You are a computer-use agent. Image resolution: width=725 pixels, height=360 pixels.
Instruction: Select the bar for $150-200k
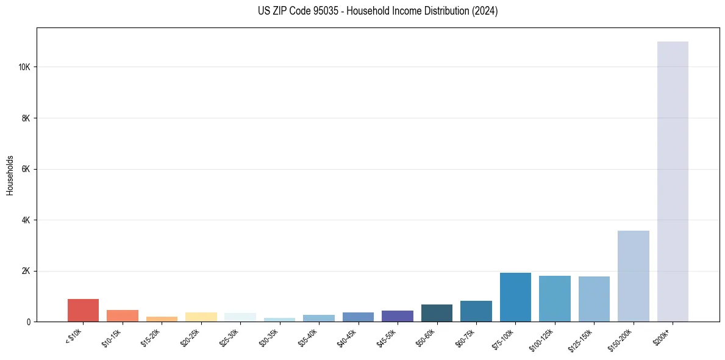click(x=633, y=276)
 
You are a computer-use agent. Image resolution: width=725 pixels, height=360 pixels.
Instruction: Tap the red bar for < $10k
click(x=83, y=310)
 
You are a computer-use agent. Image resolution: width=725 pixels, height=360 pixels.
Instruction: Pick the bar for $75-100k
click(x=515, y=297)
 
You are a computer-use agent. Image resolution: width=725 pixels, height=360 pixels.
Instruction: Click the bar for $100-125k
click(x=555, y=298)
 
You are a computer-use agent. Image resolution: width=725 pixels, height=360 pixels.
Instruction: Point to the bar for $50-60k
click(x=437, y=313)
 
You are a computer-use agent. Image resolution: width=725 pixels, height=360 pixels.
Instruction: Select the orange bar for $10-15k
click(x=123, y=315)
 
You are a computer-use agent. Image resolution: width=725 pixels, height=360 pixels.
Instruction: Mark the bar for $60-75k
click(x=476, y=311)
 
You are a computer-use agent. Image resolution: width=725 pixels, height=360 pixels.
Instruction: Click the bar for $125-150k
click(x=594, y=299)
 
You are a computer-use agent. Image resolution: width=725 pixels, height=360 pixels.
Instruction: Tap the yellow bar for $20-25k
click(x=201, y=317)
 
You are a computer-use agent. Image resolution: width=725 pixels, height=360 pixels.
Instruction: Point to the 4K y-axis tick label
click(x=26, y=220)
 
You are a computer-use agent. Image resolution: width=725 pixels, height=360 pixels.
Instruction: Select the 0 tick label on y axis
click(x=28, y=322)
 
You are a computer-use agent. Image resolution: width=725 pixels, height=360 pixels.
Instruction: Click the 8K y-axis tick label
click(x=26, y=118)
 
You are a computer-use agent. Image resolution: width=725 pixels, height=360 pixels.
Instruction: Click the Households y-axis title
click(x=10, y=175)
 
